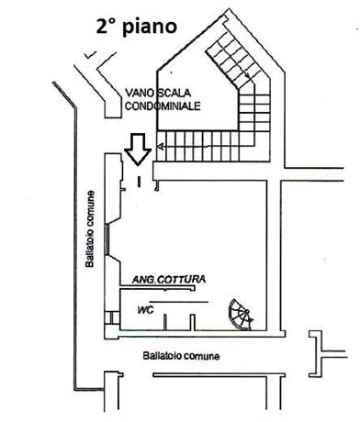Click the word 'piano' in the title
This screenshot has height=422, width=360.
pyautogui.click(x=152, y=27)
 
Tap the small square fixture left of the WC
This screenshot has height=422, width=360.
pyautogui.click(x=111, y=318)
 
